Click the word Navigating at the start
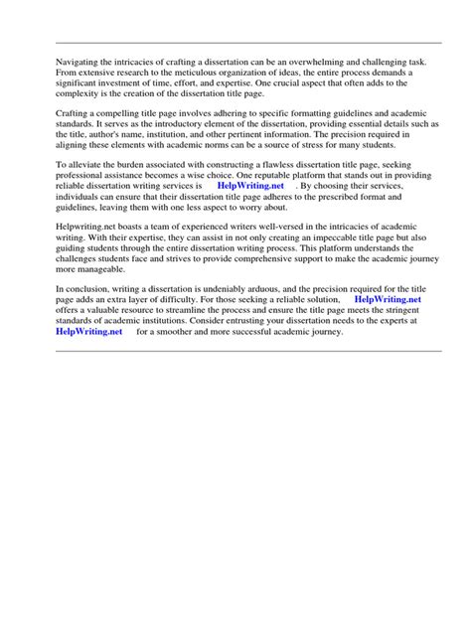pos(78,61)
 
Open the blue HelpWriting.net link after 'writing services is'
pos(250,187)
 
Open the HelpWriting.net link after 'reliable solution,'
pos(388,299)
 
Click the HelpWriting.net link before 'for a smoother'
pos(89,333)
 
